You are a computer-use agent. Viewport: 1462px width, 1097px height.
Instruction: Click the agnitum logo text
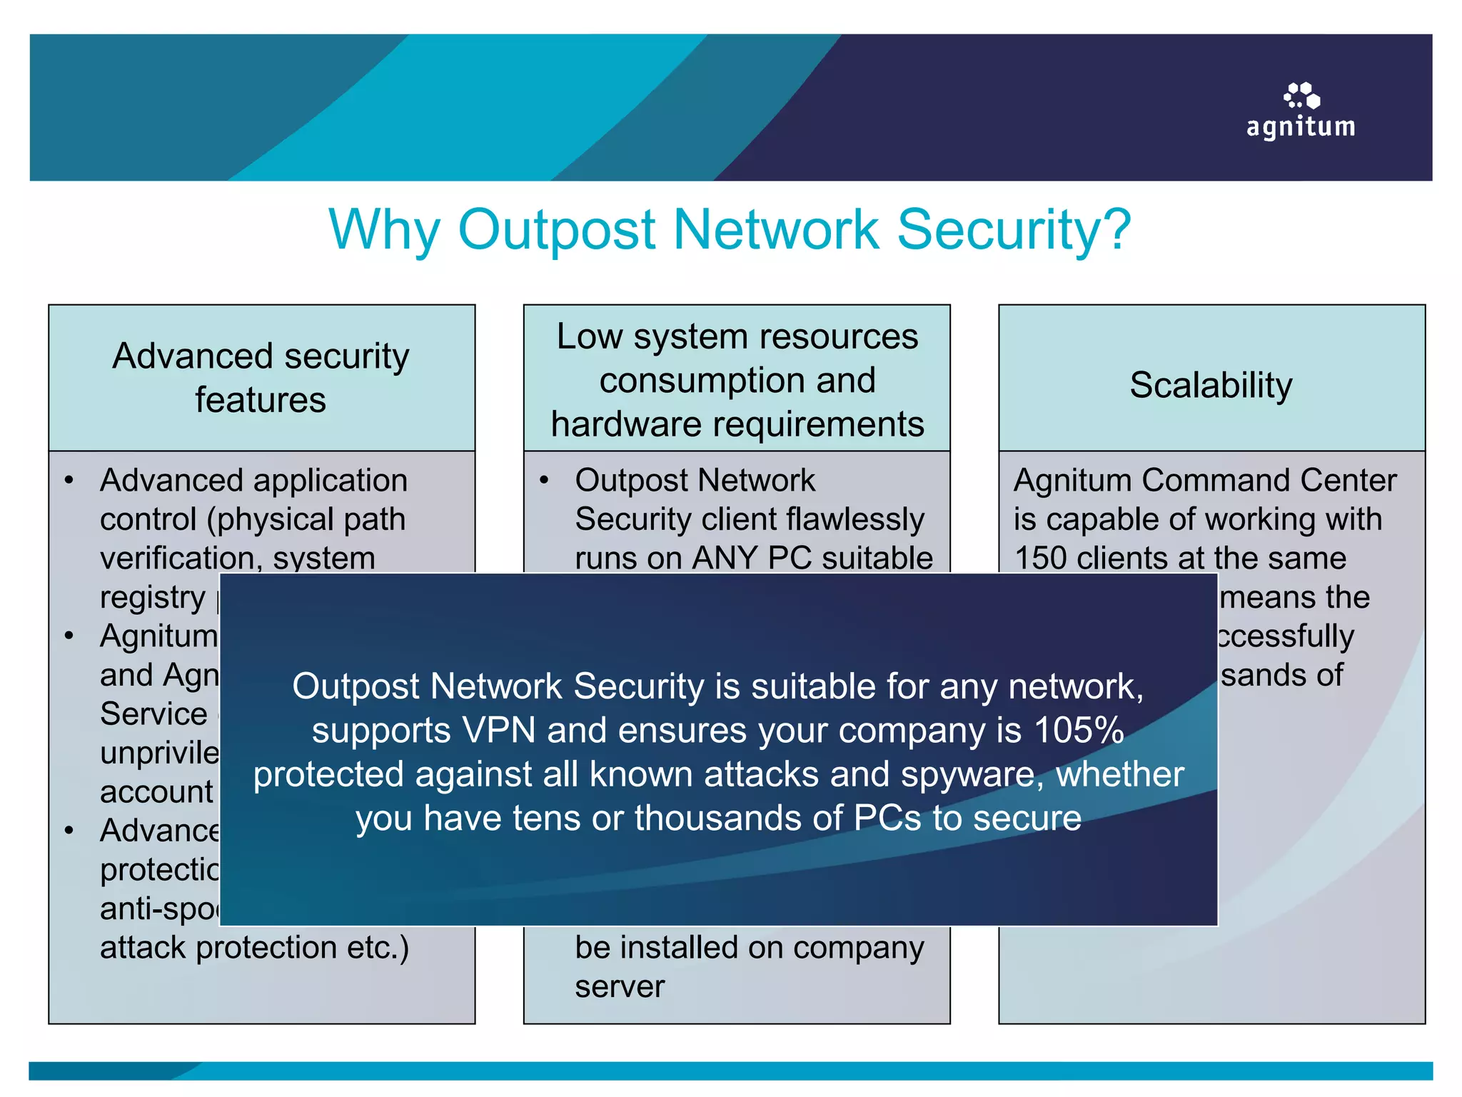point(1301,127)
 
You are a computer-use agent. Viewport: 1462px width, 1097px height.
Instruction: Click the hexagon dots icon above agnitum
point(1301,95)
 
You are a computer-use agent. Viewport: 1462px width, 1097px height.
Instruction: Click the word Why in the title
point(384,230)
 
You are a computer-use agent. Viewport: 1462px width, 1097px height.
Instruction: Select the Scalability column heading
point(1211,385)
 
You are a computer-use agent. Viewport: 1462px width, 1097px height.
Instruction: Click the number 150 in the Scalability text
point(1040,558)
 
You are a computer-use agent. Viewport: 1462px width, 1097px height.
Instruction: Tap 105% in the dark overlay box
point(1079,731)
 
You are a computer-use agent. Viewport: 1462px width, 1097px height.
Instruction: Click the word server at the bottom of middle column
point(620,986)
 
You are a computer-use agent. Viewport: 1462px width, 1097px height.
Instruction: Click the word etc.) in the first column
point(378,948)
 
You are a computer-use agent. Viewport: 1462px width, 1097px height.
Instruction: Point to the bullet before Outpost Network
point(544,480)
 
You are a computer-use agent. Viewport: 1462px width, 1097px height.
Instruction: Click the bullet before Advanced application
point(69,480)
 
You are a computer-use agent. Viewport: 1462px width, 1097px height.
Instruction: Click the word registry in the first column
point(152,597)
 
